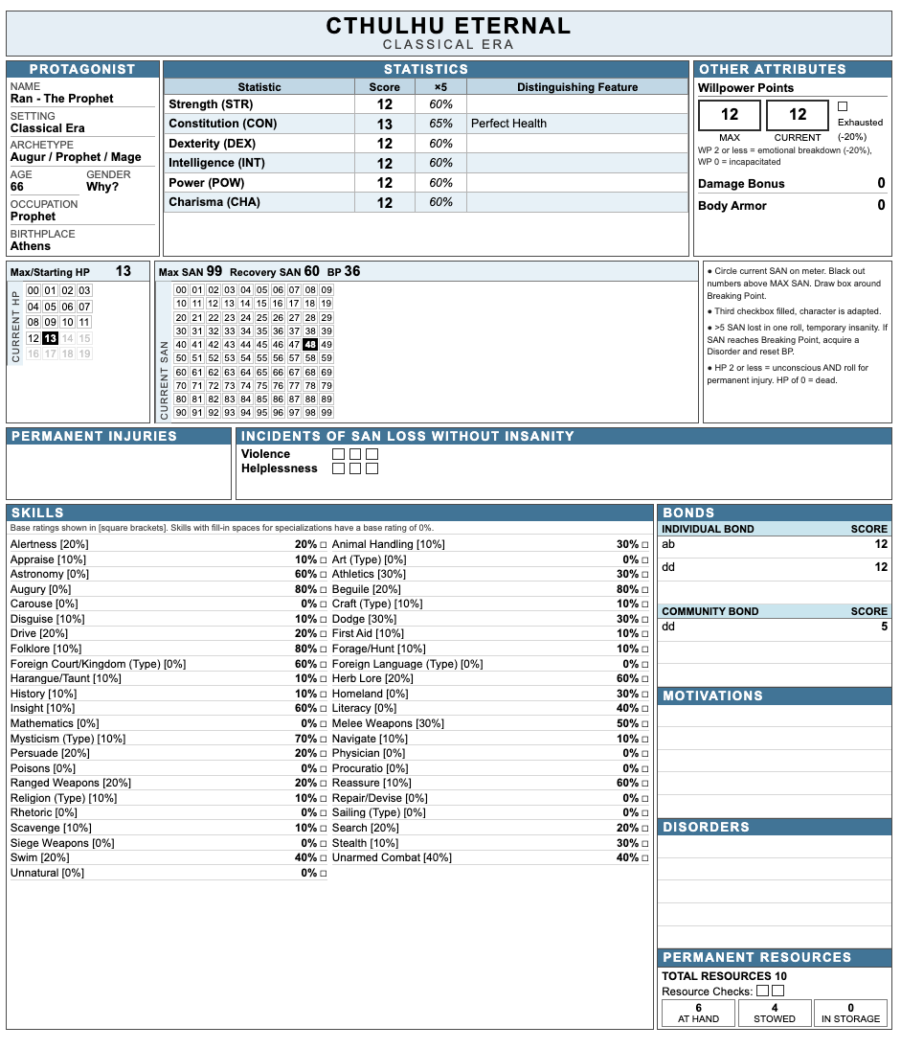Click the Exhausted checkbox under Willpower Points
click(x=843, y=106)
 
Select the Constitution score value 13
click(x=384, y=124)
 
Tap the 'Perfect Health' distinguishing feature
click(x=508, y=124)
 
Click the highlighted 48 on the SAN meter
click(x=309, y=345)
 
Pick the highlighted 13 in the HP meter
click(x=50, y=338)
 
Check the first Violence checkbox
click(x=338, y=454)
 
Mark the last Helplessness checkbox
click(x=372, y=468)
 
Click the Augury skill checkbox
click(x=324, y=590)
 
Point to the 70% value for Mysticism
click(x=305, y=739)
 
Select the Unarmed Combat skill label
click(x=377, y=857)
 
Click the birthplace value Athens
click(x=31, y=246)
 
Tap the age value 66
click(x=17, y=187)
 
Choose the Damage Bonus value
click(x=881, y=184)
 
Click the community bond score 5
click(x=884, y=627)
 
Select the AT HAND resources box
click(x=698, y=1013)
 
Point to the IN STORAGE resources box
click(x=850, y=1013)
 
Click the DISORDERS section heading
click(x=706, y=827)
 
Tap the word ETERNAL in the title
click(x=515, y=26)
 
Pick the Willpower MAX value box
click(x=730, y=115)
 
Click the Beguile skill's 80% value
click(x=627, y=589)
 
